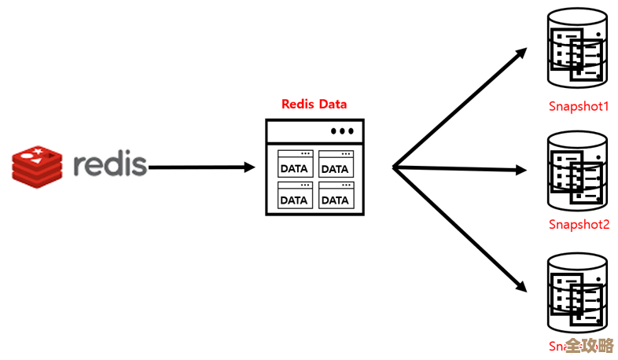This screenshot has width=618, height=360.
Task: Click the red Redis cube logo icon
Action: point(36,164)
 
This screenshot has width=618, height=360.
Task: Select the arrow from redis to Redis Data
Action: point(201,167)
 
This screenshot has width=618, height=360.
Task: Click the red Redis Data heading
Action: point(314,104)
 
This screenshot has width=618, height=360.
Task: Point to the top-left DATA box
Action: point(294,165)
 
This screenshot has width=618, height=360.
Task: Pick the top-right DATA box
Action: point(334,165)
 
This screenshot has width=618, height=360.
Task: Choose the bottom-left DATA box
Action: point(294,197)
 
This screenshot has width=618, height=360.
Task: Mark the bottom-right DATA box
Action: point(334,197)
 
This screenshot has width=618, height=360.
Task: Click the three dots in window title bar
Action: point(342,131)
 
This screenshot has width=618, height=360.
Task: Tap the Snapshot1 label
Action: point(579,106)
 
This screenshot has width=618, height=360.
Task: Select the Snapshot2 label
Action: point(579,224)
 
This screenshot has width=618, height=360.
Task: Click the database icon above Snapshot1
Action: point(579,50)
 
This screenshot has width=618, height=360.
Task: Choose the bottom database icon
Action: point(579,292)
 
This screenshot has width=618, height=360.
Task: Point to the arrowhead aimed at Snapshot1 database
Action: point(521,55)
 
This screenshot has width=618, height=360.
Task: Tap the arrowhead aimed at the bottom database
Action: point(520,285)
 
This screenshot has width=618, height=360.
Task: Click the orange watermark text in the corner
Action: point(589,346)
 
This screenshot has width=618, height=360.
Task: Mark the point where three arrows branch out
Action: point(394,167)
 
